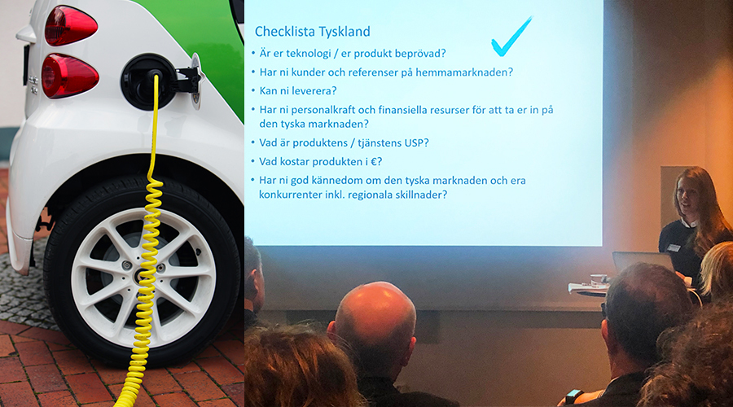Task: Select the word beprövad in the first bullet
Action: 420,53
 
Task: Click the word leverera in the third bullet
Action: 317,90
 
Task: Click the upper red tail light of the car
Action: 70,25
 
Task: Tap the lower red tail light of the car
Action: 69,76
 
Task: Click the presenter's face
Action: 684,195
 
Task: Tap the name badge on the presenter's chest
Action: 674,247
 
